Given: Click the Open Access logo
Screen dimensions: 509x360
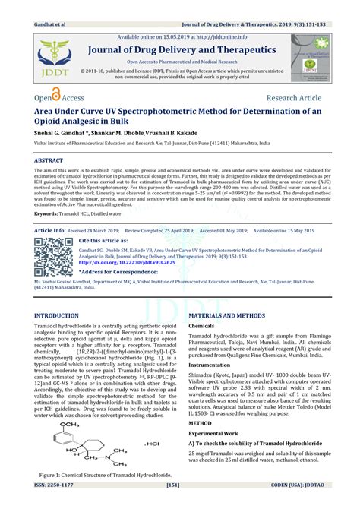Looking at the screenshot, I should pyautogui.click(x=54, y=98).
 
